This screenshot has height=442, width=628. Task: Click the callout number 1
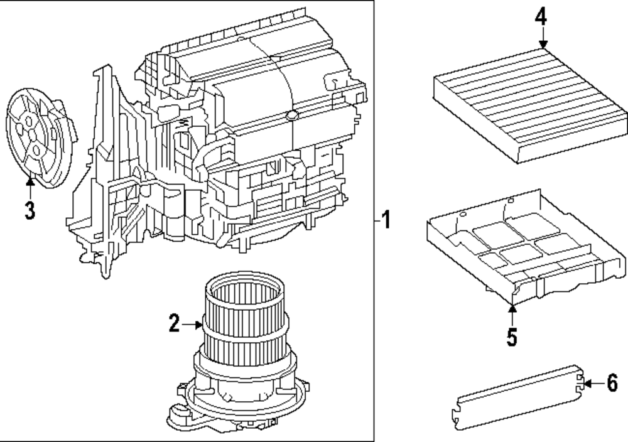387,220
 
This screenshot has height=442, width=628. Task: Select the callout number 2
174,324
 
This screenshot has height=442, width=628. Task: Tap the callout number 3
30,210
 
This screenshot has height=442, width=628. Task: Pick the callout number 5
512,337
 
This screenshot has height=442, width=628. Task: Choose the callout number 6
612,382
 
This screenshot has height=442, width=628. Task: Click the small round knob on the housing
291,116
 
